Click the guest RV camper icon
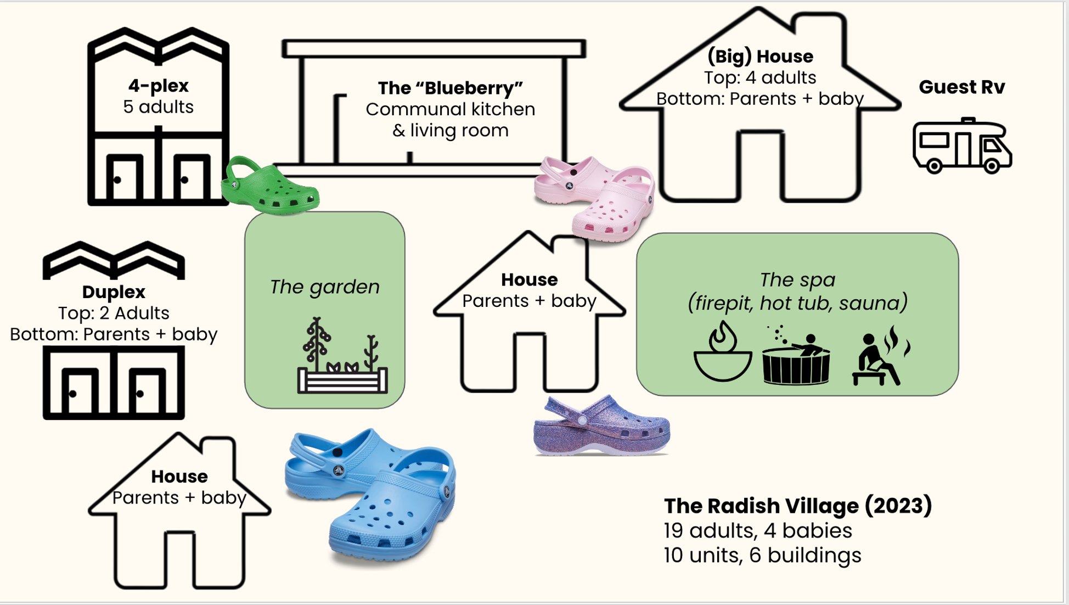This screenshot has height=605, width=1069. click(x=962, y=146)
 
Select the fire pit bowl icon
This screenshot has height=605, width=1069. click(x=722, y=353)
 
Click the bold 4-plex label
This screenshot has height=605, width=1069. click(x=158, y=86)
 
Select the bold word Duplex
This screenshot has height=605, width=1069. click(x=114, y=292)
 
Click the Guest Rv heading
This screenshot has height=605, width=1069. click(x=961, y=87)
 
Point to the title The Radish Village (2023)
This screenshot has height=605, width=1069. click(x=797, y=506)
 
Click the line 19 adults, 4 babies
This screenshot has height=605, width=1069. click(x=757, y=530)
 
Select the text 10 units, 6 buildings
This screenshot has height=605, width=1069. click(x=762, y=555)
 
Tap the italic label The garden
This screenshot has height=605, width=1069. click(x=324, y=287)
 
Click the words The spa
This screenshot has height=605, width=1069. click(x=797, y=279)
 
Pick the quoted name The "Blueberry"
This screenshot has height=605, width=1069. click(x=450, y=88)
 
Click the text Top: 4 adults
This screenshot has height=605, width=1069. click(x=760, y=77)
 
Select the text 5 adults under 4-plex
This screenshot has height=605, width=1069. click(x=158, y=107)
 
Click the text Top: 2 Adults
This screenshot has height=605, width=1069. click(x=114, y=313)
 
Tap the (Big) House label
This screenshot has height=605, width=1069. click(x=760, y=56)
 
